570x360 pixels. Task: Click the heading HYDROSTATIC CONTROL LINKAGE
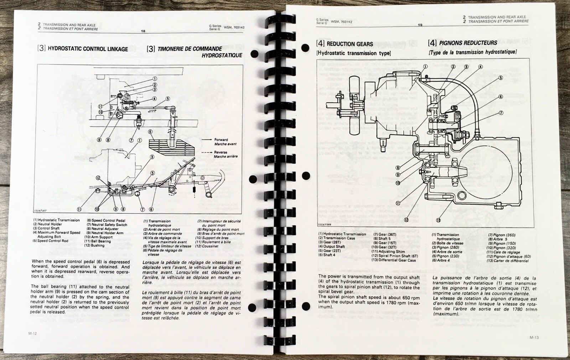pos(88,49)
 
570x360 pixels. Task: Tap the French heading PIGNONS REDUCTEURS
pos(468,43)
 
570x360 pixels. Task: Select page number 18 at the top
pos(143,31)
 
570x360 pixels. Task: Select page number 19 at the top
pos(420,25)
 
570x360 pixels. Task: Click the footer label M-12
pos(32,333)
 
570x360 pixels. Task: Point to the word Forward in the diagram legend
pos(221,140)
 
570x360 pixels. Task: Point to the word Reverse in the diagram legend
pos(221,152)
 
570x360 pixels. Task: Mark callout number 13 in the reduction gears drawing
pos(438,220)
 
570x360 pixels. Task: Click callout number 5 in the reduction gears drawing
pos(501,78)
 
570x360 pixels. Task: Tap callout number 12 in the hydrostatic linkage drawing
pos(98,178)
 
